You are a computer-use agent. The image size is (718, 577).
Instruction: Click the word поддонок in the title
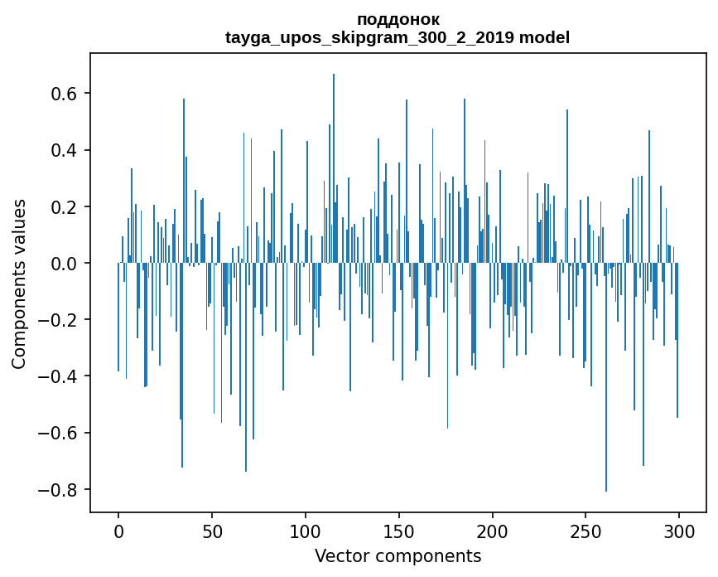398,19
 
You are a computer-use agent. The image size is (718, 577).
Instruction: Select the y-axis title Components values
19,284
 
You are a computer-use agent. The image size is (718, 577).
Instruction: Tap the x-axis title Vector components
398,555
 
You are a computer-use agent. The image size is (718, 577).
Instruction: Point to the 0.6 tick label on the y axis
60,94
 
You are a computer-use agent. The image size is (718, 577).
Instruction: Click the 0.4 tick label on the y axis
60,150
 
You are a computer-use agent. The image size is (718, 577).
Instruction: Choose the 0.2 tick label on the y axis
60,206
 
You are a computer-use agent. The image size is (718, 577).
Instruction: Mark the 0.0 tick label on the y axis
60,264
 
